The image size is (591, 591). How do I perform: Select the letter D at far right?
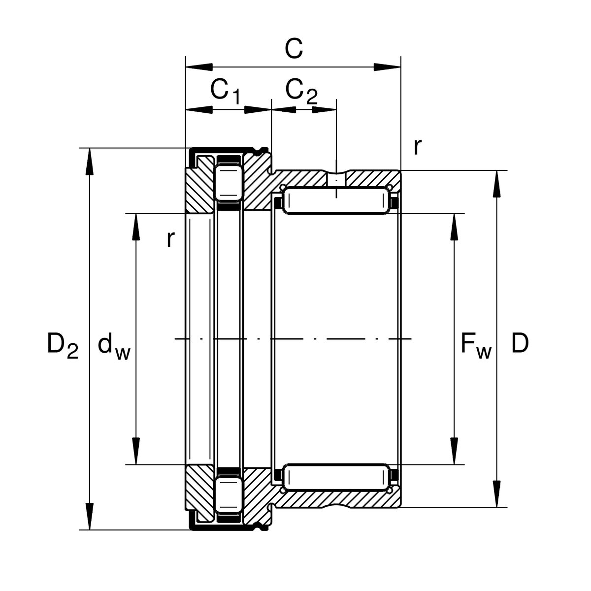520,343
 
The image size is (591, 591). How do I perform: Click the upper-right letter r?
417,146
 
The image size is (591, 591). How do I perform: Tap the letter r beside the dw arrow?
170,239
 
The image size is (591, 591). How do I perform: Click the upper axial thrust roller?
228,182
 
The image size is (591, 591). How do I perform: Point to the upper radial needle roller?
335,201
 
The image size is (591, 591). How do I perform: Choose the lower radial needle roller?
335,477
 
